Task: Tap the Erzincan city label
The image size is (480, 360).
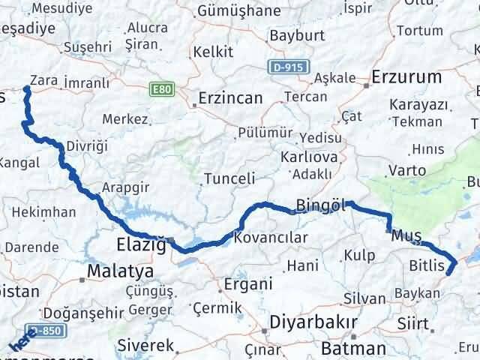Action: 230,98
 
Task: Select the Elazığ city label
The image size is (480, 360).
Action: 139,244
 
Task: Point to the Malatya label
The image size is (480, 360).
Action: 120,271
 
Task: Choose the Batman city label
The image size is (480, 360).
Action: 352,348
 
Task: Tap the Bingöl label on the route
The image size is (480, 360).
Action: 320,204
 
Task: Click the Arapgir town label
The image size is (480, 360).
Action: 124,188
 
